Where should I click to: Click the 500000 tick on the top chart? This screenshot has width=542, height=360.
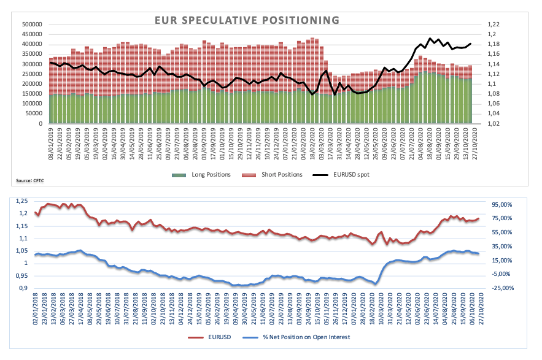coord(31,25)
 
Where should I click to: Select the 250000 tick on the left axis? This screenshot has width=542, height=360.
coord(31,74)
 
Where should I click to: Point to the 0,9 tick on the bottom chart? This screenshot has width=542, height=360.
coord(25,288)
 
